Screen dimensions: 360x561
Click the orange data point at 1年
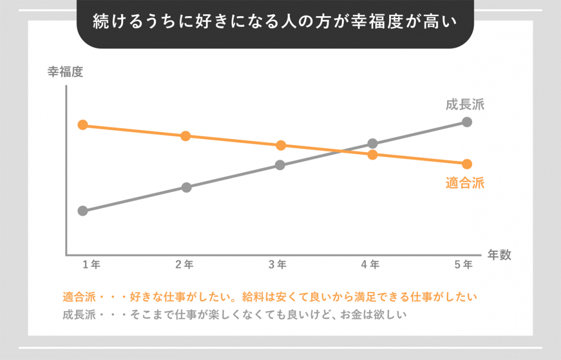pyautogui.click(x=83, y=125)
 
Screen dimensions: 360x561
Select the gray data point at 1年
pyautogui.click(x=83, y=211)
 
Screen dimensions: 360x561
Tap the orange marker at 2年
pyautogui.click(x=186, y=136)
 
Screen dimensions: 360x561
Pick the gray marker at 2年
pyautogui.click(x=186, y=187)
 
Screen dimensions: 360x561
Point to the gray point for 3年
pyautogui.click(x=280, y=165)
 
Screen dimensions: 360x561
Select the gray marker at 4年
pyautogui.click(x=373, y=143)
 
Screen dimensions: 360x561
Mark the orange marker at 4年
pyautogui.click(x=373, y=155)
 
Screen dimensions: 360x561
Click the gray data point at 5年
pyautogui.click(x=467, y=122)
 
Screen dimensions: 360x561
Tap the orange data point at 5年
pyautogui.click(x=467, y=164)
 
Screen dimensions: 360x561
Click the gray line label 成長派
pyautogui.click(x=464, y=105)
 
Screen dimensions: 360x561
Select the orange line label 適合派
pyautogui.click(x=464, y=183)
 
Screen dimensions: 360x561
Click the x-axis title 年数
pyautogui.click(x=499, y=254)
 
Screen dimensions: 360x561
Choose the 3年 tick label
pyautogui.click(x=278, y=264)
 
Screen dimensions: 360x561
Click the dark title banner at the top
pyautogui.click(x=275, y=23)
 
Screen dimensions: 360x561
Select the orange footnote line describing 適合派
pyautogui.click(x=270, y=296)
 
